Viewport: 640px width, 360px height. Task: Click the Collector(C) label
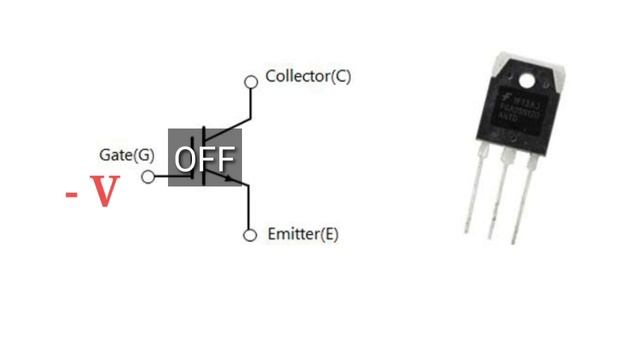(308, 76)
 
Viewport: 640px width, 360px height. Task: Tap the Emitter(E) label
(303, 235)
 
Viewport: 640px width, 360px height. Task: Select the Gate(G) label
(127, 155)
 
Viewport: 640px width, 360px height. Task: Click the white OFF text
(205, 159)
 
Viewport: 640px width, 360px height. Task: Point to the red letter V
(104, 191)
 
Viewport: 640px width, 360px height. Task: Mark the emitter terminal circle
(250, 235)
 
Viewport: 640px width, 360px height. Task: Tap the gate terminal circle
(149, 177)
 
